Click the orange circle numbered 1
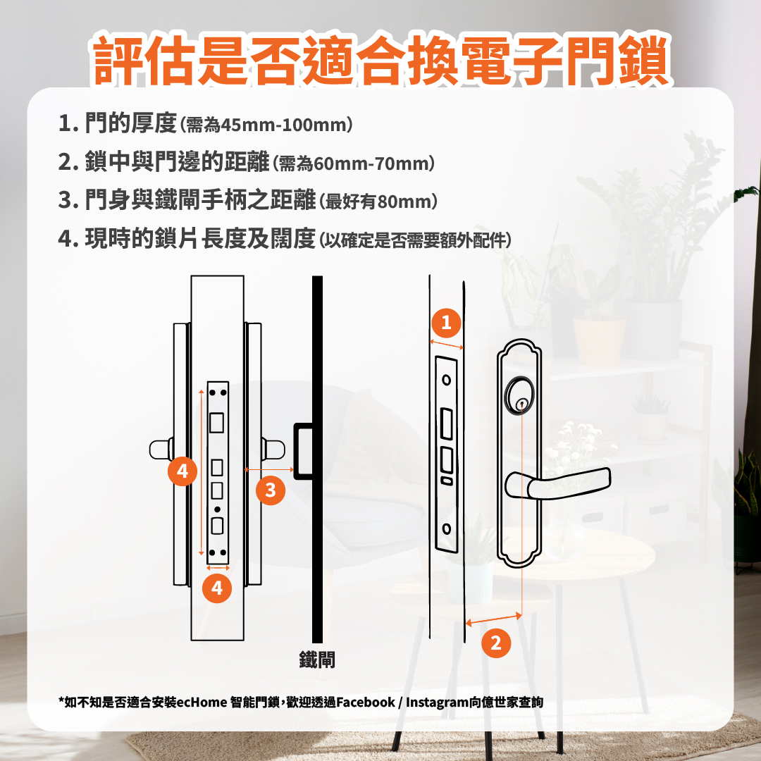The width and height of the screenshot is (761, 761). (445, 323)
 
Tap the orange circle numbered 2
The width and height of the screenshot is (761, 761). (496, 642)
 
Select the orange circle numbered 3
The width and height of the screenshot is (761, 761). (271, 490)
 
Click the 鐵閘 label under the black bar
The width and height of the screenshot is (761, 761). (317, 660)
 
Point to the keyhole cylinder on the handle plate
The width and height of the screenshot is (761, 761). (521, 404)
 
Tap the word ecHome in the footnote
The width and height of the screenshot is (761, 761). (202, 702)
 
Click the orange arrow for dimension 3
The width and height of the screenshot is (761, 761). (268, 469)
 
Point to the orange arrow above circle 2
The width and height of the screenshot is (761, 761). (494, 619)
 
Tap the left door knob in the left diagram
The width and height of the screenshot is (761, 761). (161, 450)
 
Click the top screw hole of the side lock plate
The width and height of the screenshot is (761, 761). (446, 379)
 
